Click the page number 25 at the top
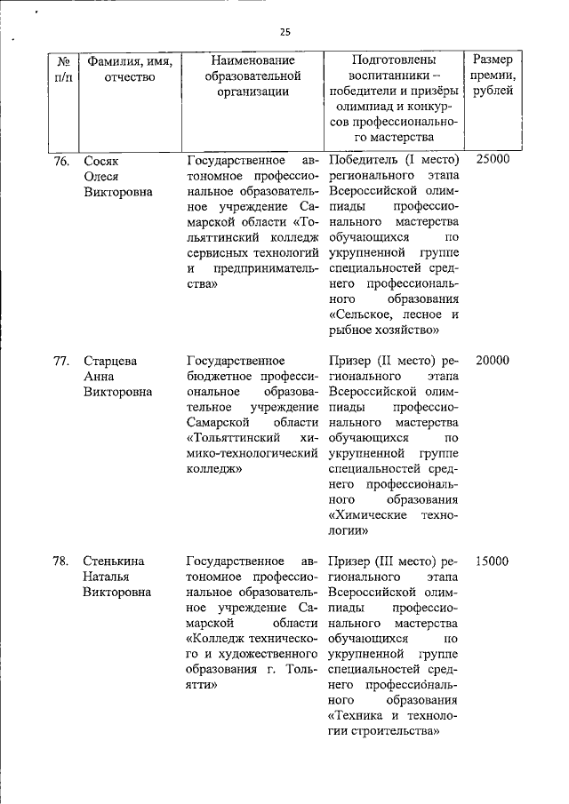(x=284, y=31)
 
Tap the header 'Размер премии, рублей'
(x=493, y=76)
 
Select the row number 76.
(x=61, y=160)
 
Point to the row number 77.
(x=61, y=361)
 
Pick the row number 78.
(x=61, y=561)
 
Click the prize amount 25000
(x=493, y=160)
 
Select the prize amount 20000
(x=493, y=361)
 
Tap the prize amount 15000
(x=493, y=561)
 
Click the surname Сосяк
(x=100, y=160)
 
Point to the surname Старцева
(x=111, y=361)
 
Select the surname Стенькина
(x=115, y=561)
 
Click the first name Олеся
(x=101, y=176)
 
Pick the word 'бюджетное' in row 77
(x=218, y=377)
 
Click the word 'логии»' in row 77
(x=349, y=530)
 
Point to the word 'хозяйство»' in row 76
(x=413, y=330)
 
